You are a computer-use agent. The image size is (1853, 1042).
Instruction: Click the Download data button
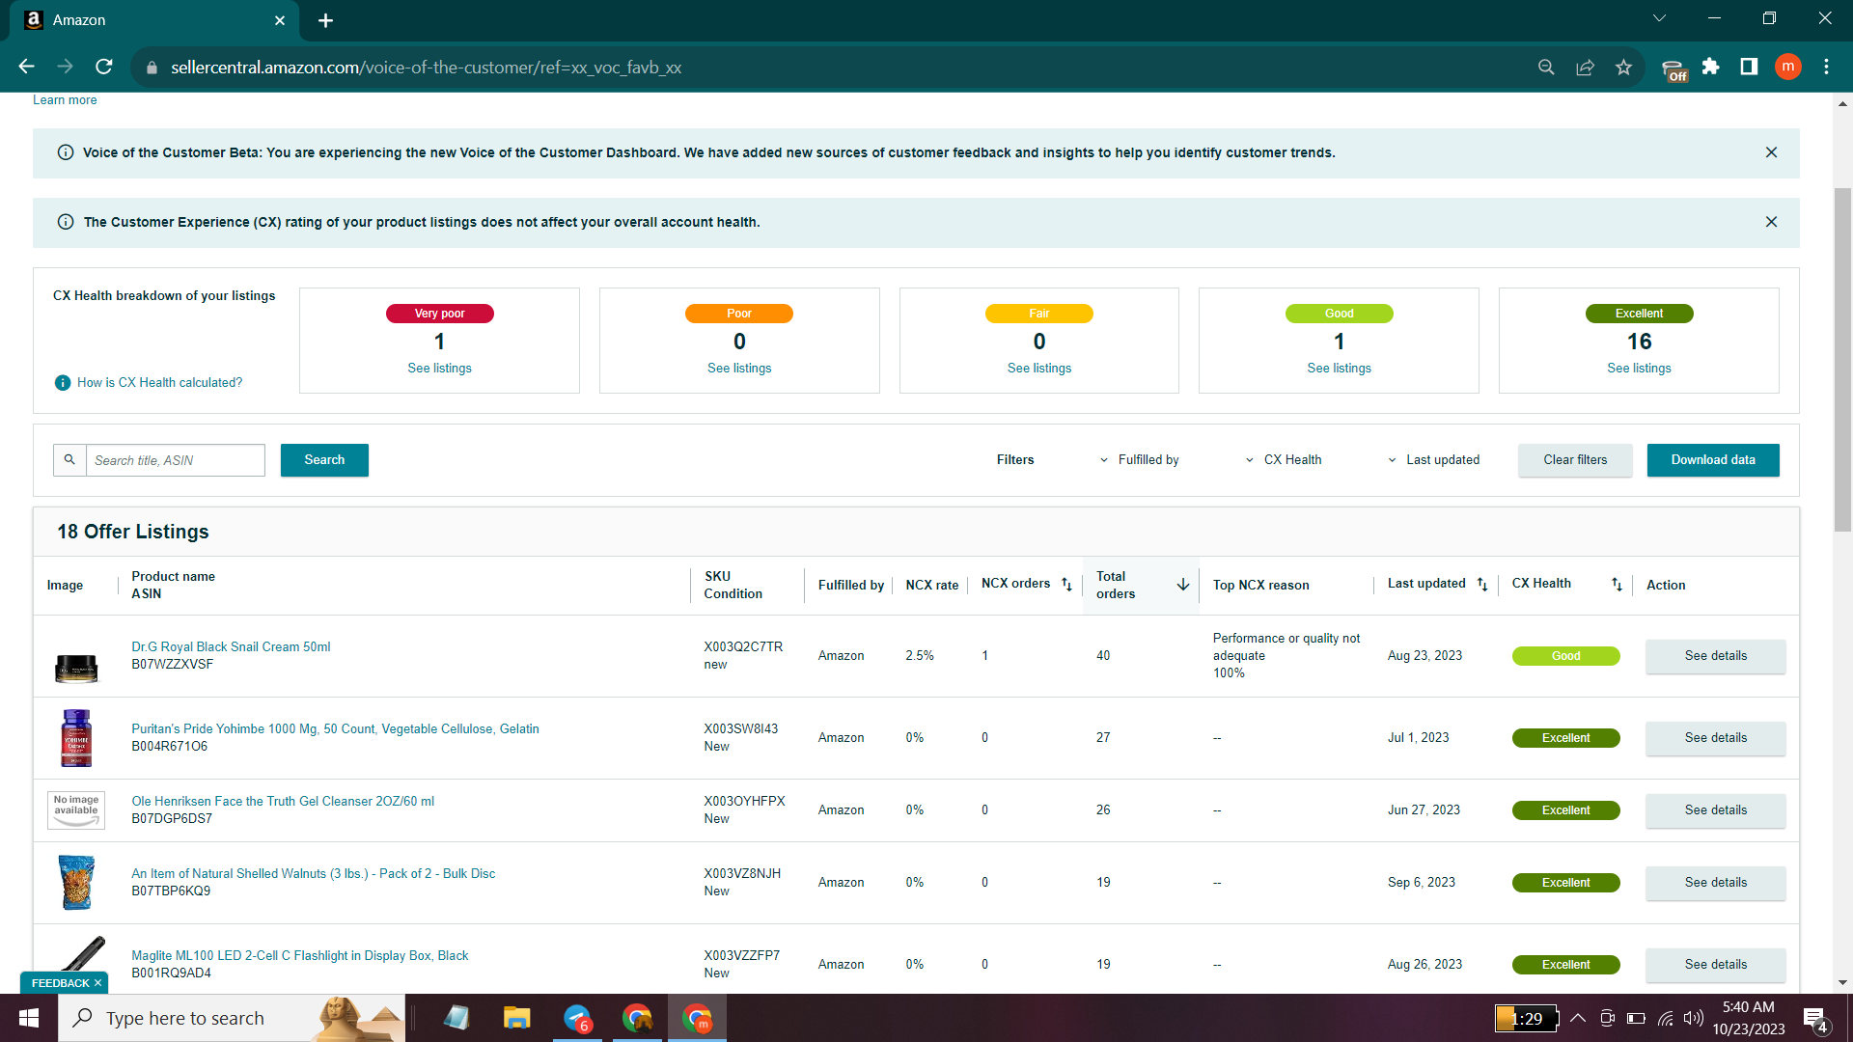(1712, 460)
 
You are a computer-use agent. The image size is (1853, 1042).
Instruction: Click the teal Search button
(324, 460)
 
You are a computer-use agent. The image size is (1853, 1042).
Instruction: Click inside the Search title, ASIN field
(175, 460)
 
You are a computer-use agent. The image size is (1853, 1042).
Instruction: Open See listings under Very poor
(439, 369)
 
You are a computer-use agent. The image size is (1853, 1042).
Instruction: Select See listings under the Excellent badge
(1639, 369)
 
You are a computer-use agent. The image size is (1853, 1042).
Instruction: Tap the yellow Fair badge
(1038, 314)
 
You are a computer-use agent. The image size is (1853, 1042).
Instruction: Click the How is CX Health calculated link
(160, 383)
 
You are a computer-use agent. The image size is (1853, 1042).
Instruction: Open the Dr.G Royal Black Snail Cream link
(231, 647)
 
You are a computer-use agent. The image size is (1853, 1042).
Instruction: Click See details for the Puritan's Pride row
(1715, 738)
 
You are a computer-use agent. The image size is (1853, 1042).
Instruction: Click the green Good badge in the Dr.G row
(1565, 656)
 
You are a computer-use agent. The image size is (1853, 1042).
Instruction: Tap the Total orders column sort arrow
(1182, 585)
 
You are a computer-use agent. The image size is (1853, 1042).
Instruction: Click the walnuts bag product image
(76, 882)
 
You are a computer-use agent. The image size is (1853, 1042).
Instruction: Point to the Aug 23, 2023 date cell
(1424, 656)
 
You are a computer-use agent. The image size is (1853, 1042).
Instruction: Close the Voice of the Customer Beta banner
(1771, 152)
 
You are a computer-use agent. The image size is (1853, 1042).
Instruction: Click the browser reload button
(104, 67)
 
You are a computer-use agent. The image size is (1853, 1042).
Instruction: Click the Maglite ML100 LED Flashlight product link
(300, 956)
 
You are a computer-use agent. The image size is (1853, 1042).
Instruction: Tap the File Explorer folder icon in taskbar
(516, 1018)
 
